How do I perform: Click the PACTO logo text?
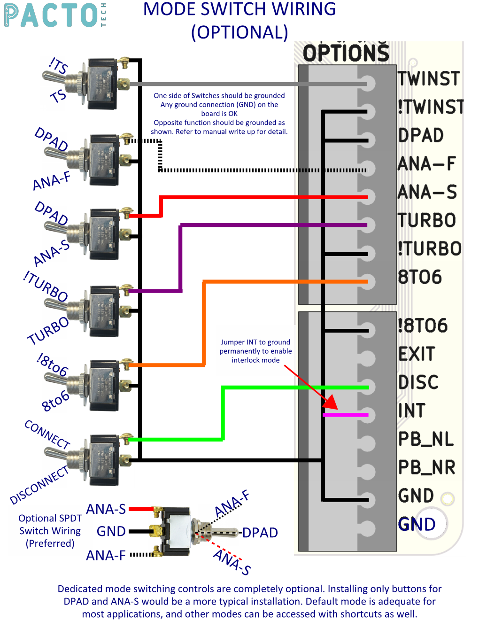[52, 15]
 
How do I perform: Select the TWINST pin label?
[428, 78]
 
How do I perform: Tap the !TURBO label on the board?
[430, 249]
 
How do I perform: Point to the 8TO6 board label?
[420, 277]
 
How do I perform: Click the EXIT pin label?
[417, 354]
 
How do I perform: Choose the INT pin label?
[411, 411]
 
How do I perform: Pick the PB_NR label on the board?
[426, 467]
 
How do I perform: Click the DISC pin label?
[418, 382]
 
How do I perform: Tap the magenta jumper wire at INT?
[346, 415]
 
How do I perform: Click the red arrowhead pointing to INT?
[331, 402]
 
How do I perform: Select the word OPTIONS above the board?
[346, 53]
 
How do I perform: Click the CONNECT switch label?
[47, 434]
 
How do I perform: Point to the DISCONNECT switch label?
[39, 485]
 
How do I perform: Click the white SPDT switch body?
[177, 531]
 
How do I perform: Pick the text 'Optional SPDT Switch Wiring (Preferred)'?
[50, 531]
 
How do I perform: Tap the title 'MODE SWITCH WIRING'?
[239, 9]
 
